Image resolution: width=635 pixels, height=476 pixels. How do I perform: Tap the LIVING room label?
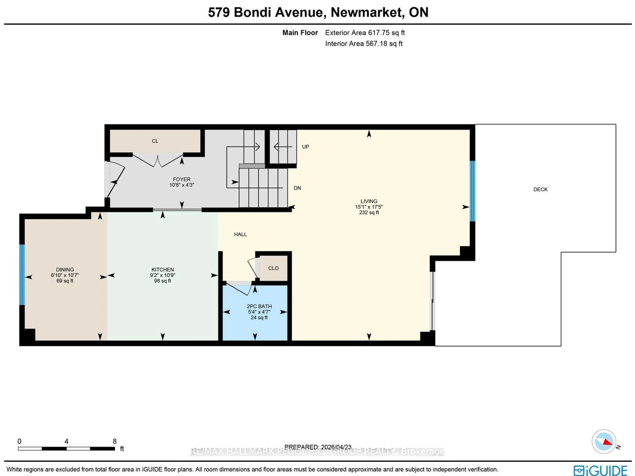pos(369,201)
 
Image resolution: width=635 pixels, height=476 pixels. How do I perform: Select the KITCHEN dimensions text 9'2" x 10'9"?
pos(163,275)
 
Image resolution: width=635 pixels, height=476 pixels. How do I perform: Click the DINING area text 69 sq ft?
pos(65,281)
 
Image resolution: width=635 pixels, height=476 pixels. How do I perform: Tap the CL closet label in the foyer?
pos(155,141)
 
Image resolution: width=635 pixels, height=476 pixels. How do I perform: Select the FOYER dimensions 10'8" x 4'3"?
pos(182,185)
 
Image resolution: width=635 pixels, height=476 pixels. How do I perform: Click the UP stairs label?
pos(305,147)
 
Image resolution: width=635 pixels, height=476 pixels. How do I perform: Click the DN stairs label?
pos(297,188)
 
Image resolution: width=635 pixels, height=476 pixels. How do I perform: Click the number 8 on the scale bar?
pos(115,441)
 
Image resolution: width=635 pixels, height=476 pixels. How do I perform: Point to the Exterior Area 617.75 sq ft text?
pos(365,33)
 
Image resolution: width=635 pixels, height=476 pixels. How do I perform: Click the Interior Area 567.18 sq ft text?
pos(364,44)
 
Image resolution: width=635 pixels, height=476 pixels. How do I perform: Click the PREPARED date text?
pos(318,447)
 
